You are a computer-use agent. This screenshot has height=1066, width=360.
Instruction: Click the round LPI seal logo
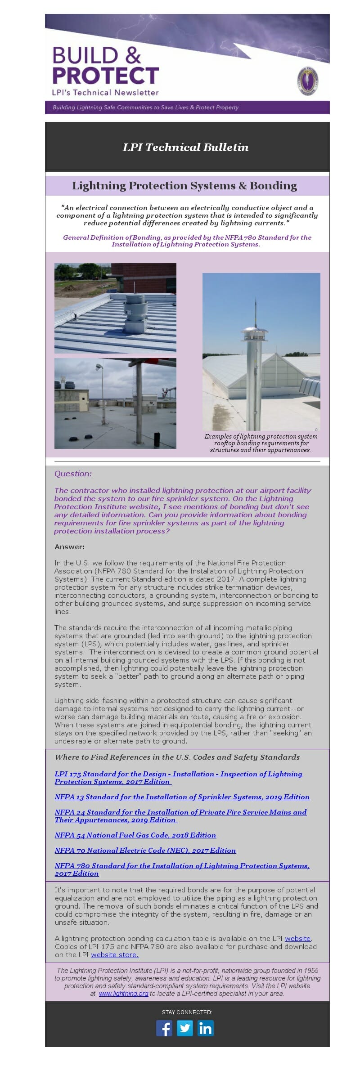click(x=307, y=81)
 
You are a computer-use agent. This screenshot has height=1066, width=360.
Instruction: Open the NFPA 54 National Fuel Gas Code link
click(x=135, y=835)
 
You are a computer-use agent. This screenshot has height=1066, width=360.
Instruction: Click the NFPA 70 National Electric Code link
click(x=145, y=850)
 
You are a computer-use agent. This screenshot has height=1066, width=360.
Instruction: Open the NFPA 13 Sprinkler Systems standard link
click(x=182, y=797)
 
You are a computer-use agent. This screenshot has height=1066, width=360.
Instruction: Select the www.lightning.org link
click(x=123, y=993)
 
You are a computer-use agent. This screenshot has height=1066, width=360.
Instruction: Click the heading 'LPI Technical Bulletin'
click(x=185, y=147)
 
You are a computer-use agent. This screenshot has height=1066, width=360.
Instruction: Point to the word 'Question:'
click(x=73, y=474)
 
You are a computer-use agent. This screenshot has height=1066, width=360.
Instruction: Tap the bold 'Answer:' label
click(x=69, y=546)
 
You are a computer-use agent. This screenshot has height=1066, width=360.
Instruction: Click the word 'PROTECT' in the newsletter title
click(x=106, y=76)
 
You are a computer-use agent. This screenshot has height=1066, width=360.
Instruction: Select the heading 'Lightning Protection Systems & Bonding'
click(x=184, y=186)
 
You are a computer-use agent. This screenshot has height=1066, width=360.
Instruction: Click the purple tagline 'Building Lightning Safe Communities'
click(x=145, y=107)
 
